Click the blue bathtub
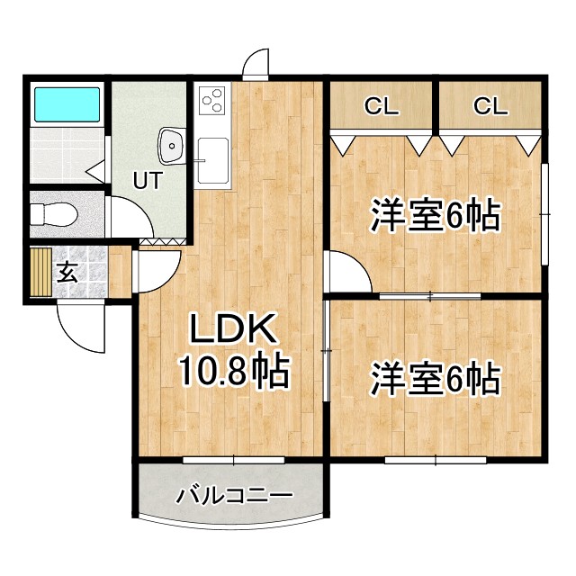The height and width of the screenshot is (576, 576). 66,104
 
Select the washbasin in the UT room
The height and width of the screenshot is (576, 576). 172,142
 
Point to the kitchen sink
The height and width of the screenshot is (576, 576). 213,160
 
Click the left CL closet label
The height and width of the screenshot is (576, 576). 381,106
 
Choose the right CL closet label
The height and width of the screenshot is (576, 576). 490,106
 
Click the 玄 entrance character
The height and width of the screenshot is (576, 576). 67,271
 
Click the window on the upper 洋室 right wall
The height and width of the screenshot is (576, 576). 544,213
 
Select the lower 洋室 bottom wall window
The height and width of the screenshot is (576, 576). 436,459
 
